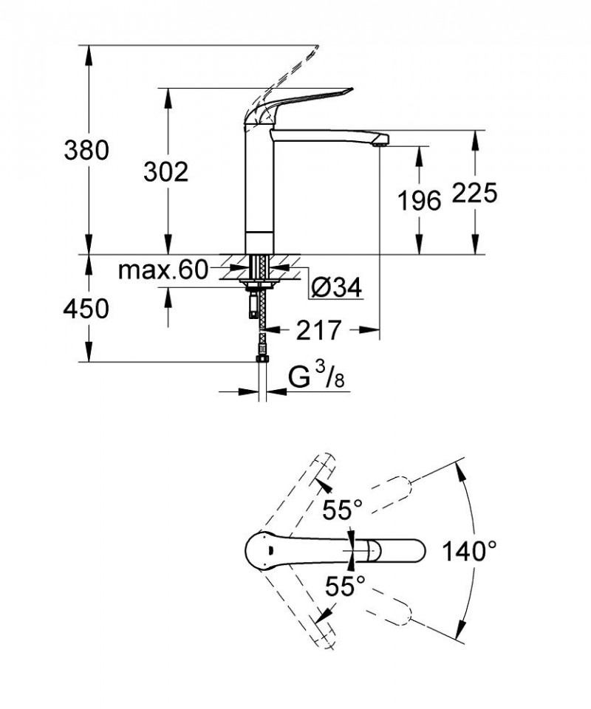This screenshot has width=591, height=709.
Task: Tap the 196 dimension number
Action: [419, 199]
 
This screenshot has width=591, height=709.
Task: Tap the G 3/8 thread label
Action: [316, 378]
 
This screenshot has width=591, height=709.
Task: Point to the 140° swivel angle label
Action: [469, 550]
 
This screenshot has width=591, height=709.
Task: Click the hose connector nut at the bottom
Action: [260, 360]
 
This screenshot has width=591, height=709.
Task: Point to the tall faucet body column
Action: [259, 185]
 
